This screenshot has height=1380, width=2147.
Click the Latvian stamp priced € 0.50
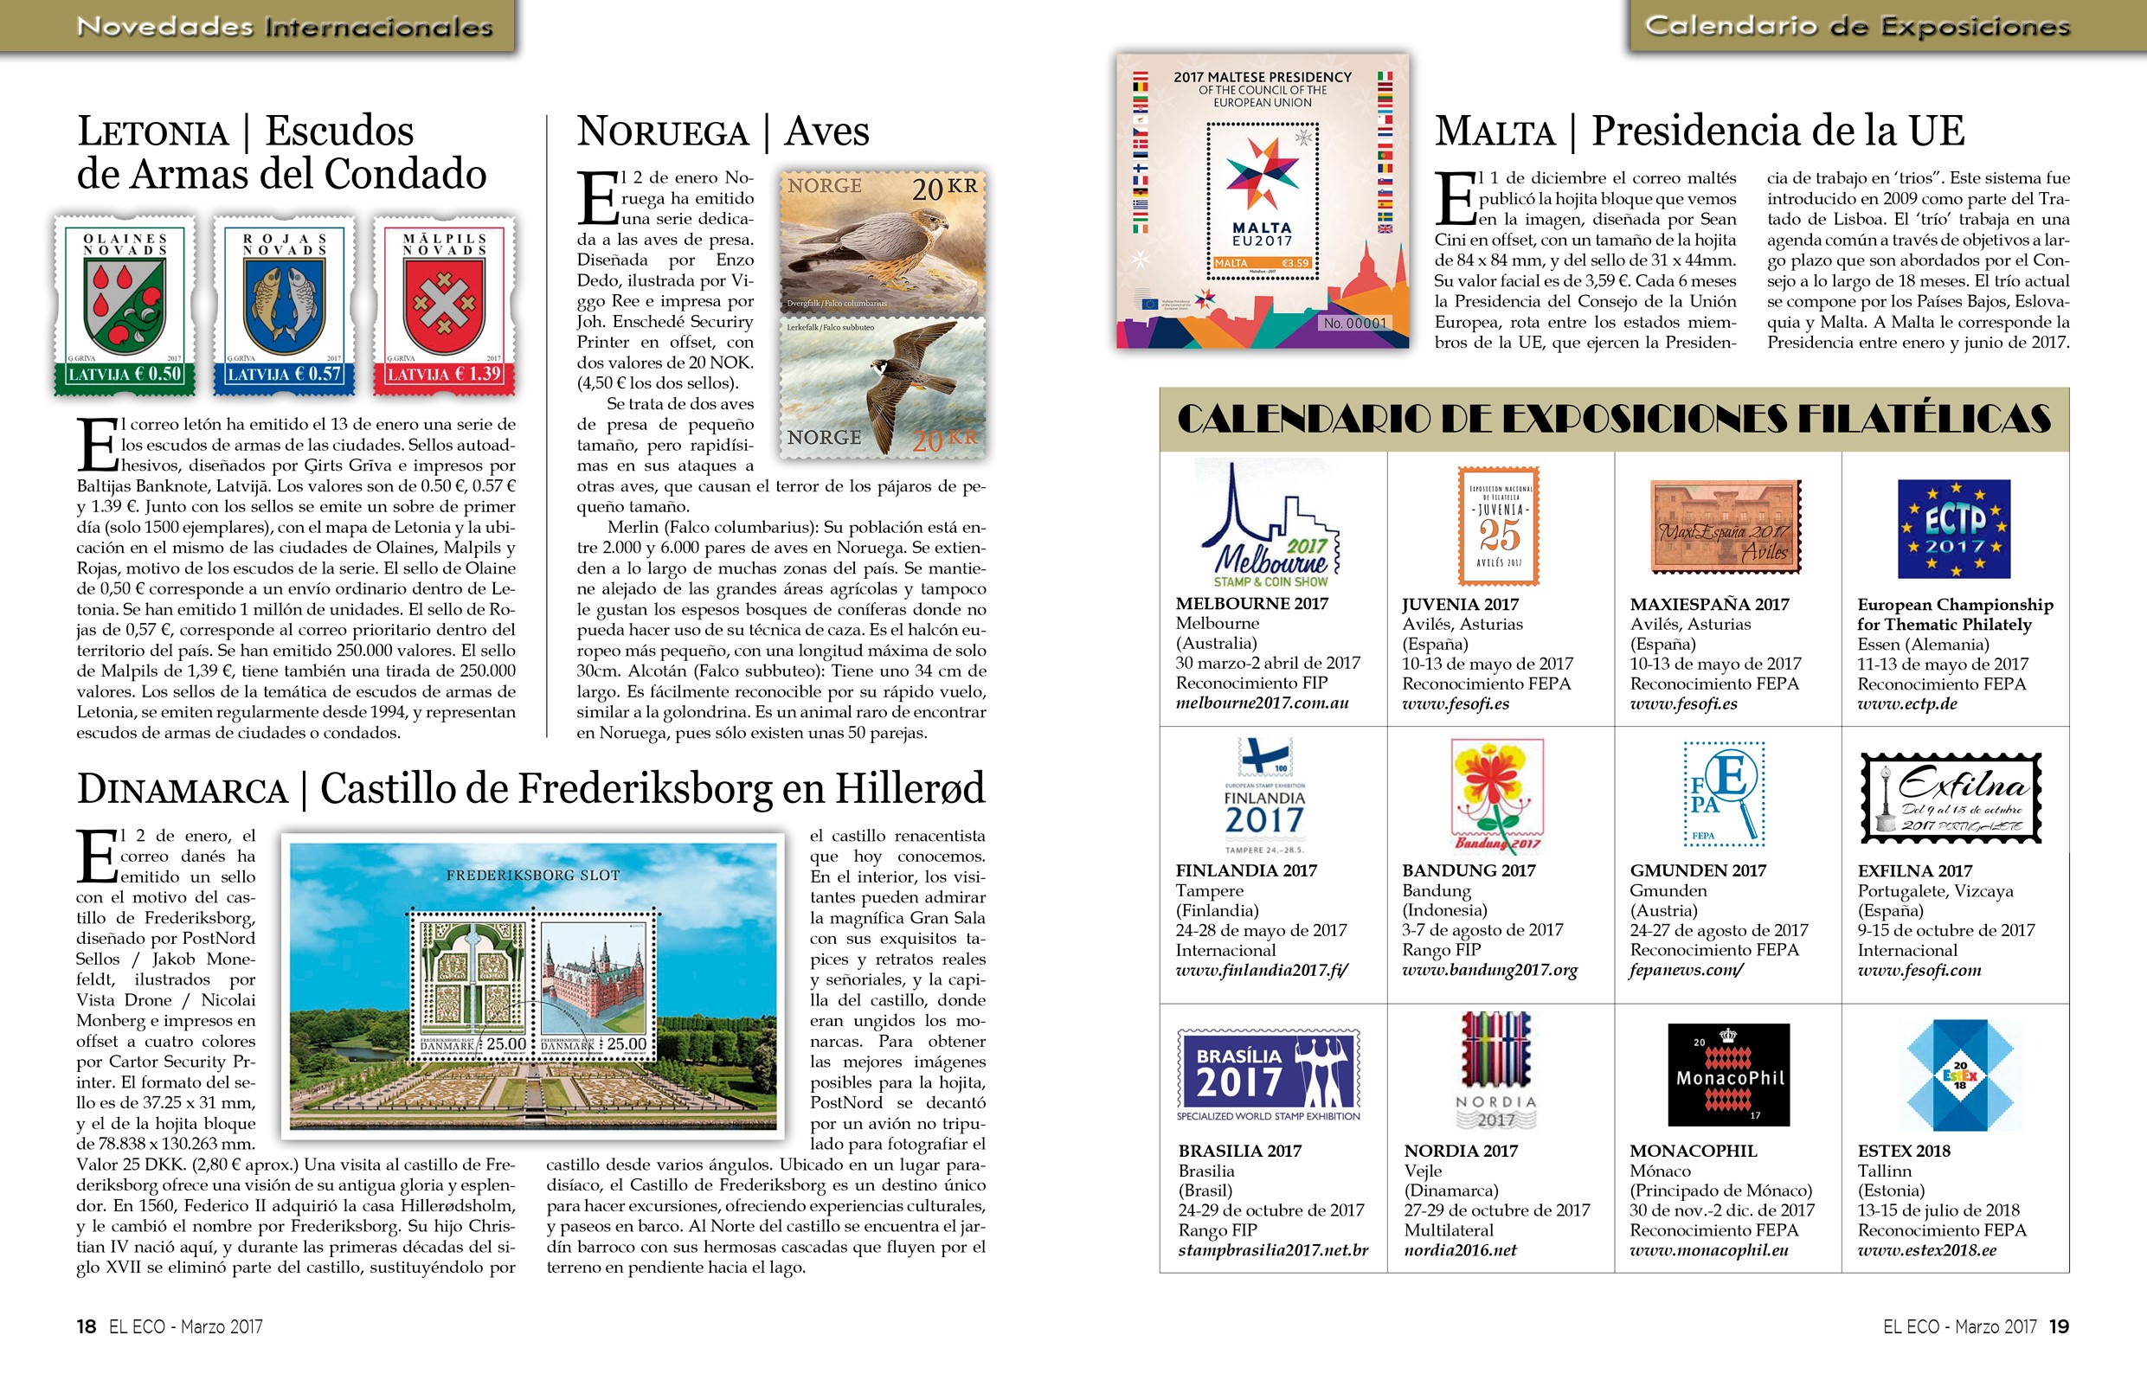pos(125,305)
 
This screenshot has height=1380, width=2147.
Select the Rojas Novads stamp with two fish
pos(284,305)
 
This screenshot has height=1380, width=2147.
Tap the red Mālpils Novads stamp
pos(444,305)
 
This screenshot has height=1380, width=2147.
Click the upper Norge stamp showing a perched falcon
pos(883,243)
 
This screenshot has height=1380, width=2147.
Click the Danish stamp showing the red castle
pos(595,983)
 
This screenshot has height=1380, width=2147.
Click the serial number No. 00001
pos(1354,324)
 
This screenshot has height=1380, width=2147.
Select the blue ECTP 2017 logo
pos(1954,529)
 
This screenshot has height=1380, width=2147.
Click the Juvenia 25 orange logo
pos(1499,526)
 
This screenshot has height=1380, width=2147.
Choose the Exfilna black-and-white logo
pos(1951,798)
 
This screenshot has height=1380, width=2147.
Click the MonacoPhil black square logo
pos(1728,1075)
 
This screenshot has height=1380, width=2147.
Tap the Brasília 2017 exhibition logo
pos(1268,1075)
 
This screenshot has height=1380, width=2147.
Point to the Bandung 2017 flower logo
pos(1497,794)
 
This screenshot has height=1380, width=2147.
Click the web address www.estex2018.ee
pos(1926,1250)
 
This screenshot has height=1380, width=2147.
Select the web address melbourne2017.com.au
pos(1262,703)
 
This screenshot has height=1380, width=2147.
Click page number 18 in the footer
pos(86,1326)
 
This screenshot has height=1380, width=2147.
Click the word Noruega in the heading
pos(663,132)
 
